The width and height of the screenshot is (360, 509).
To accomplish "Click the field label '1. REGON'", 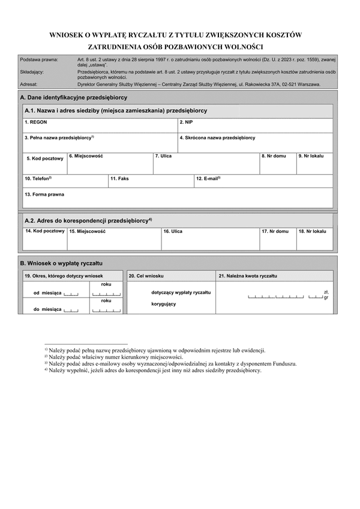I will (x=35, y=122).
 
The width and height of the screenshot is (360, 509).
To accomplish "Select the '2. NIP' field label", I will (x=186, y=122).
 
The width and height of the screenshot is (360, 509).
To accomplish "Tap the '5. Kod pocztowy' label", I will (x=45, y=158).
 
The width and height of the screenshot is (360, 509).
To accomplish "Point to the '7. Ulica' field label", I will (x=163, y=156).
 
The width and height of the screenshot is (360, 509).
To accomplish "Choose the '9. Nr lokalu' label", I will (x=311, y=156).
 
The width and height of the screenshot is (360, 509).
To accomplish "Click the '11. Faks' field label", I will (x=119, y=179).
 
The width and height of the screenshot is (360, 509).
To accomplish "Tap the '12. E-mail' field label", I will (x=208, y=179).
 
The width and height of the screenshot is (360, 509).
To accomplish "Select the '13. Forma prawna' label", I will (x=44, y=194).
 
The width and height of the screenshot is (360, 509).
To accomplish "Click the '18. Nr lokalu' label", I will (x=312, y=231).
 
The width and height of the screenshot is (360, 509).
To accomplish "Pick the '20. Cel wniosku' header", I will (x=146, y=276).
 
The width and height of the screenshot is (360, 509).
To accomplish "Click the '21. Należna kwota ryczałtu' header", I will (x=248, y=276).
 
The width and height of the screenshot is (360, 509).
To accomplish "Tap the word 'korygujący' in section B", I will (x=163, y=304).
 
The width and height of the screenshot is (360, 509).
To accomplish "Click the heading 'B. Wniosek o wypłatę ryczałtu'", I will (x=62, y=264).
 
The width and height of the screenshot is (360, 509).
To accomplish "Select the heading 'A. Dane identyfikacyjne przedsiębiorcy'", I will (x=73, y=97).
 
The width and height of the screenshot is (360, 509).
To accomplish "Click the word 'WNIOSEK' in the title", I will (x=69, y=35).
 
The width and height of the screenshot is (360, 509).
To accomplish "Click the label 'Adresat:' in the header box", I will (x=29, y=85).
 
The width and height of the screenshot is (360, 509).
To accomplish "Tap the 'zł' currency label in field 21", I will (x=326, y=292).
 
